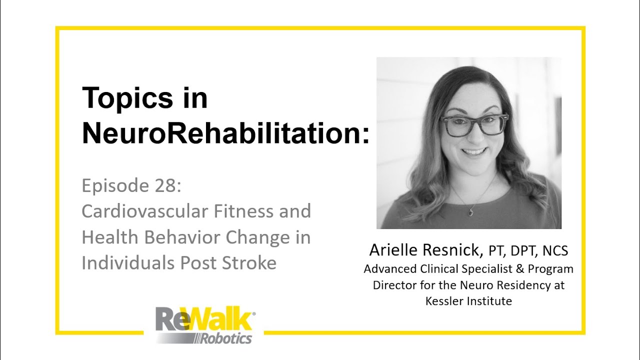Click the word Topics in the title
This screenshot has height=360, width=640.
[x=127, y=98]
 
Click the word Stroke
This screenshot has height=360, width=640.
[x=249, y=263]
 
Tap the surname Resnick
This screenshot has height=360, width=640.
[x=452, y=250]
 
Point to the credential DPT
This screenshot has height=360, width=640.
[x=523, y=251]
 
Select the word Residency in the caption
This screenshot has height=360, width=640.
[x=525, y=285]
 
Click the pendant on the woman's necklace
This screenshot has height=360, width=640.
[x=469, y=212]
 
